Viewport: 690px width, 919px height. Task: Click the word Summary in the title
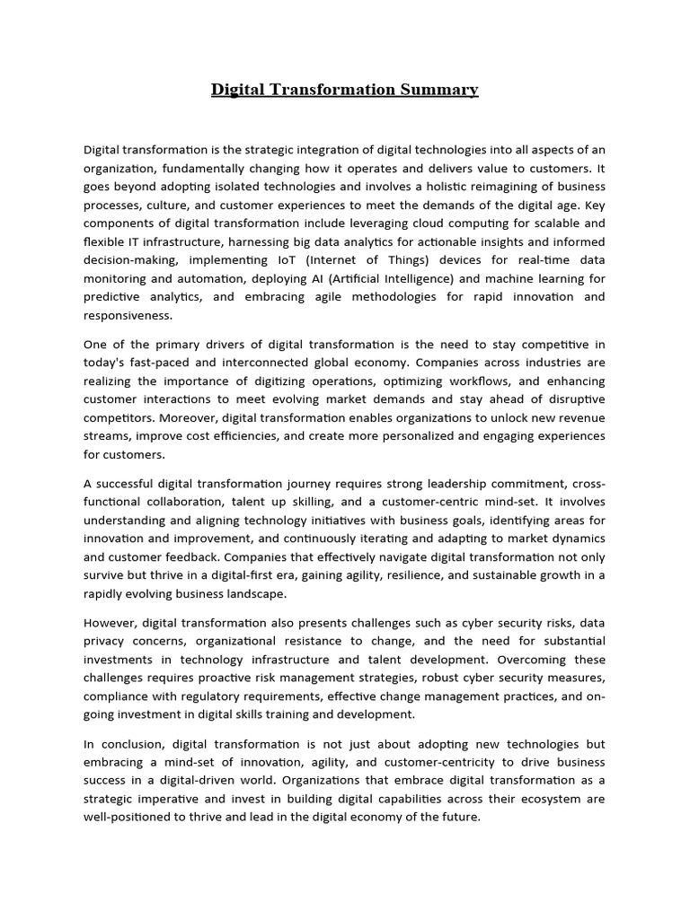tap(440, 90)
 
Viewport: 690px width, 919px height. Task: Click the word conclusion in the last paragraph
tap(132, 743)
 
